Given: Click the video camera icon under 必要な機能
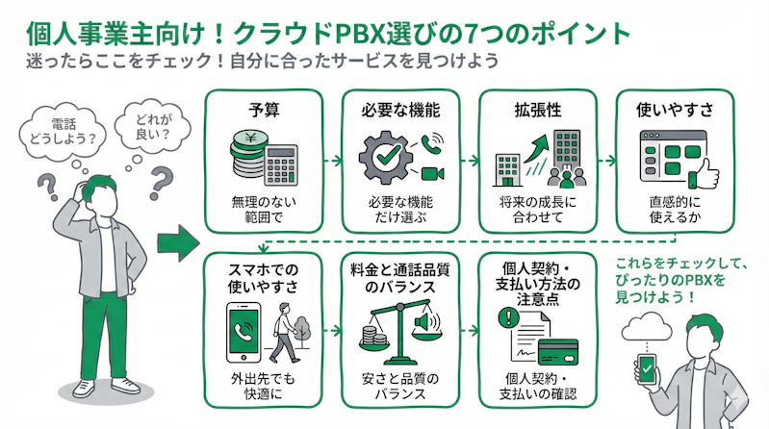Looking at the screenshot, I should [429, 173].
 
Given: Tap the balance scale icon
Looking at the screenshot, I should [390, 333].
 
